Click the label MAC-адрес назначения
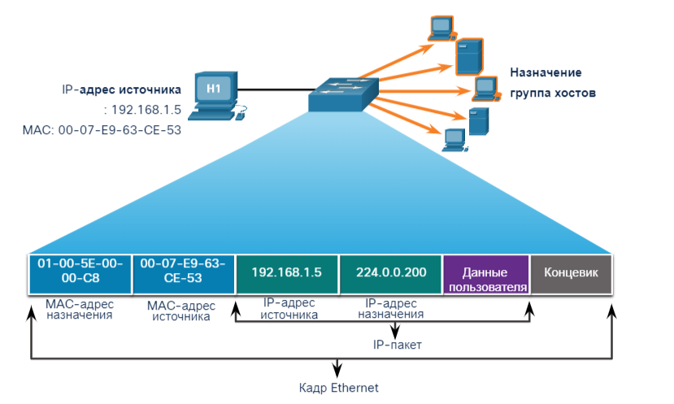tap(79, 309)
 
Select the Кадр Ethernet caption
tap(338, 388)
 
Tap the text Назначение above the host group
tap(544, 72)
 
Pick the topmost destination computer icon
tap(441, 28)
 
